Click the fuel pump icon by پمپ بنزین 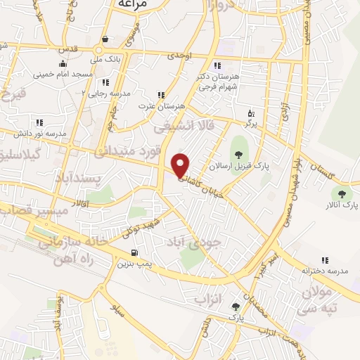pyautogui.click(x=134, y=253)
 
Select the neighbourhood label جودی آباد pyautogui.click(x=193, y=241)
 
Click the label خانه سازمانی pyautogui.click(x=59, y=240)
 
